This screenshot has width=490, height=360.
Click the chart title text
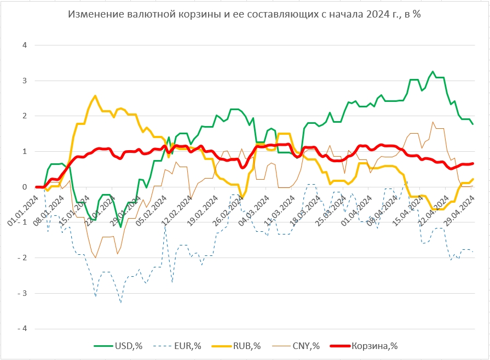click(244, 15)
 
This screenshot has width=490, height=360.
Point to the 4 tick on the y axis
click(24, 45)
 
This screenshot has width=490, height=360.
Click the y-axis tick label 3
click(24, 81)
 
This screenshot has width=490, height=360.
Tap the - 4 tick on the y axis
click(22, 329)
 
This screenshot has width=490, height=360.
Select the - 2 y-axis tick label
click(22, 258)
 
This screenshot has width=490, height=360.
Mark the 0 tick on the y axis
click(24, 187)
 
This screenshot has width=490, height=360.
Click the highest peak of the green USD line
click(433, 71)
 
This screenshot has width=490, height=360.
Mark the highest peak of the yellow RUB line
click(95, 96)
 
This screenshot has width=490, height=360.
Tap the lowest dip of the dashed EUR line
click(120, 302)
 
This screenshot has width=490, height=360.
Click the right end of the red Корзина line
click(472, 163)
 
